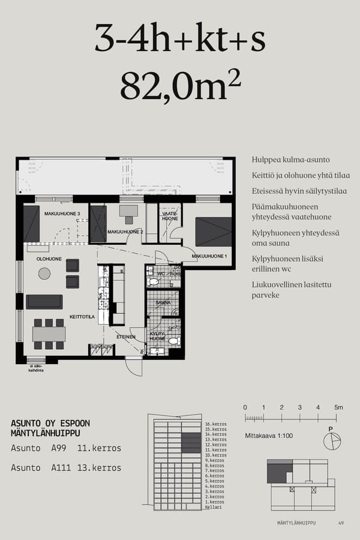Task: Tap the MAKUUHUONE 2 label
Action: pos(125,232)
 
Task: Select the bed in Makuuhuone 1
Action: pos(213,232)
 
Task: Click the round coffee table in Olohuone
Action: pos(44,274)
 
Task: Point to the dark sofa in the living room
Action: pos(44,301)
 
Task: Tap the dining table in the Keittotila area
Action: pos(49,334)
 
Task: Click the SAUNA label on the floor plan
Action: pos(163,303)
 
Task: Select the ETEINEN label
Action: pos(125,337)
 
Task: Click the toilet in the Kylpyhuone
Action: pos(174,341)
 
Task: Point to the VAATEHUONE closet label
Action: pos(170,216)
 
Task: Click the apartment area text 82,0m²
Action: pos(180,86)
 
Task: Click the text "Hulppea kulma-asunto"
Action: pos(290,160)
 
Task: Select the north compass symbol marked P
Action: pos(331,441)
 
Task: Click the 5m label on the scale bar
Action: pos(338,407)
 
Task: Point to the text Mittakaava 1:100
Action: pos(269,435)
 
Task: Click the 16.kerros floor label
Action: pos(215,424)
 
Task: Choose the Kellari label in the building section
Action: pos(213,508)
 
